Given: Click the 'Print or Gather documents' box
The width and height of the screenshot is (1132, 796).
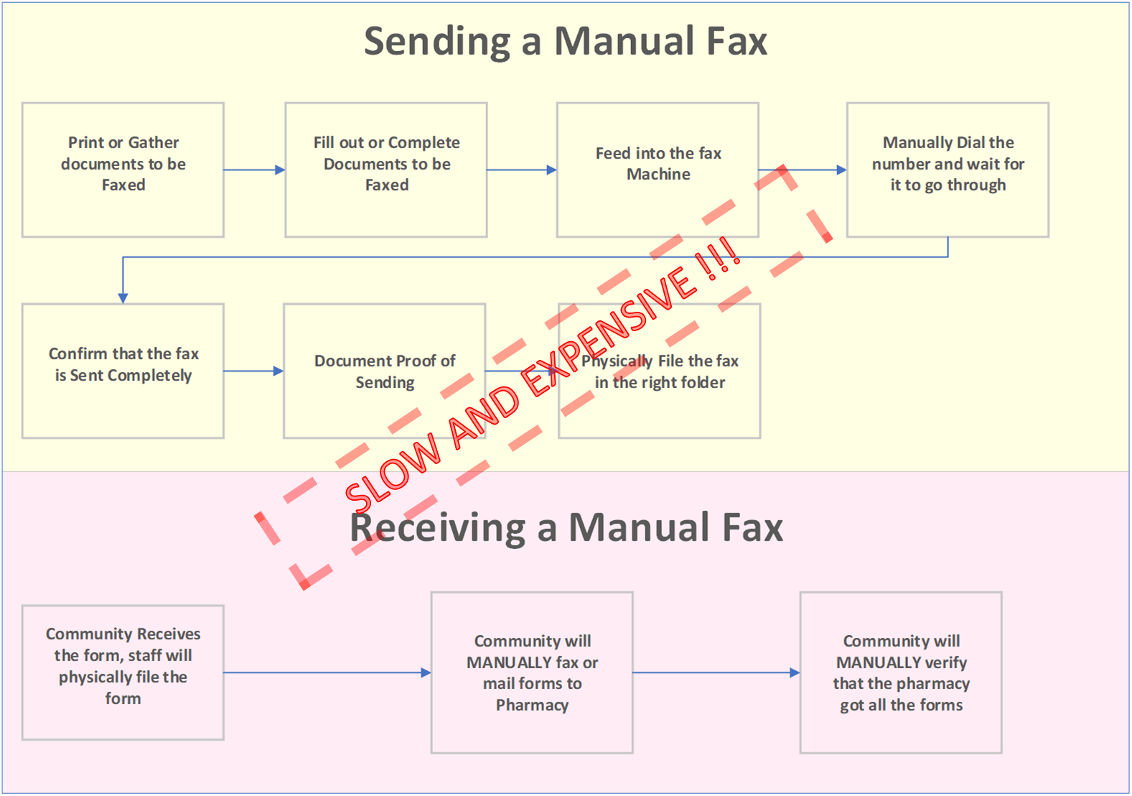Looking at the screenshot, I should pyautogui.click(x=123, y=170).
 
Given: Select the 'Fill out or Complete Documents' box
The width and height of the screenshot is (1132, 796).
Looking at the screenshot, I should pyautogui.click(x=386, y=170).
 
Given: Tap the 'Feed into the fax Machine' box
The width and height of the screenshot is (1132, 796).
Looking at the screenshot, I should pyautogui.click(x=658, y=170).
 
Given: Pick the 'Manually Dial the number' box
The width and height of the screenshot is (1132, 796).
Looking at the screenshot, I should pyautogui.click(x=948, y=170).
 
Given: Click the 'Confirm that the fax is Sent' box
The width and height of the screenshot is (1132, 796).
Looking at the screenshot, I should pyautogui.click(x=123, y=371).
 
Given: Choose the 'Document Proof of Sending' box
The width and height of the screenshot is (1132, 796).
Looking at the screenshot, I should pyautogui.click(x=384, y=371).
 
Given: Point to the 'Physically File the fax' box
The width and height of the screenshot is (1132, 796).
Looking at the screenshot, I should pyautogui.click(x=660, y=371).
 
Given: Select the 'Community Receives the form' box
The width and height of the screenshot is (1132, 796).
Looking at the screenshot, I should pyautogui.click(x=123, y=672).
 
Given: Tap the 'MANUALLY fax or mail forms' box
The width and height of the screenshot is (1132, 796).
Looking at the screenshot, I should pyautogui.click(x=532, y=672).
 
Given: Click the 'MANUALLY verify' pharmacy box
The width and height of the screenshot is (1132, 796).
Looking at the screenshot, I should pyautogui.click(x=901, y=672).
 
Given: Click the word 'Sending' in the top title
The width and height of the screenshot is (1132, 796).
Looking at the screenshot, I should pyautogui.click(x=438, y=42).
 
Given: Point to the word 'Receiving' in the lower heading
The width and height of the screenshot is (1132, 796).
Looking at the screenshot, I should pyautogui.click(x=438, y=528).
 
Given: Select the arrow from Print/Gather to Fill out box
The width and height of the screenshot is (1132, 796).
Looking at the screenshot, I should pyautogui.click(x=254, y=170).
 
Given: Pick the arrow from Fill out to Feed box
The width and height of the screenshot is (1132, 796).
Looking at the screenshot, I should pyautogui.click(x=522, y=170).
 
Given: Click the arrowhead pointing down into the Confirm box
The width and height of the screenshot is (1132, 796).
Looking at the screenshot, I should pyautogui.click(x=123, y=297).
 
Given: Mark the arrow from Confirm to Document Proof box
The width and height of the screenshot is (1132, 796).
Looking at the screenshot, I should pyautogui.click(x=253, y=371).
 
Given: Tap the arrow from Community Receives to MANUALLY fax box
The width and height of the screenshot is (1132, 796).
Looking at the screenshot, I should pyautogui.click(x=327, y=673).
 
